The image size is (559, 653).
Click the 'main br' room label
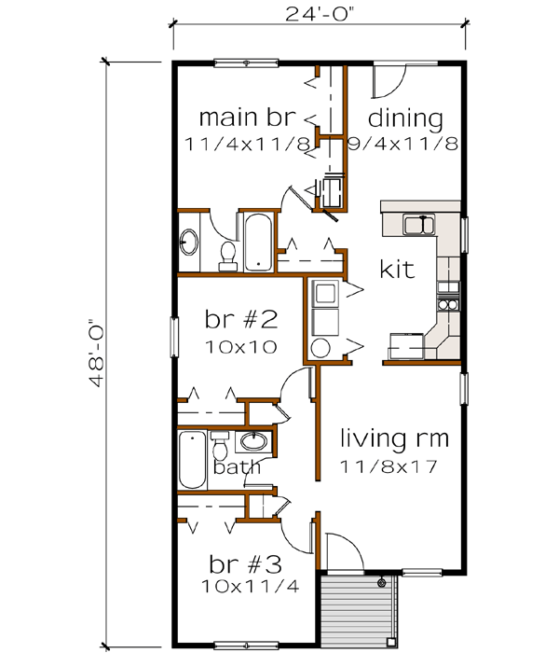click(248, 118)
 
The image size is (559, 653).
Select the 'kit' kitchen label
click(398, 269)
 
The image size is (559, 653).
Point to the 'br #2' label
click(241, 320)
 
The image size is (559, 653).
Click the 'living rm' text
click(394, 437)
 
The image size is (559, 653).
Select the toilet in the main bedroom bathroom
click(225, 252)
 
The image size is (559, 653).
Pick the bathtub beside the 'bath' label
click(193, 459)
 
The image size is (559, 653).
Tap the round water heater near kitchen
click(320, 349)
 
